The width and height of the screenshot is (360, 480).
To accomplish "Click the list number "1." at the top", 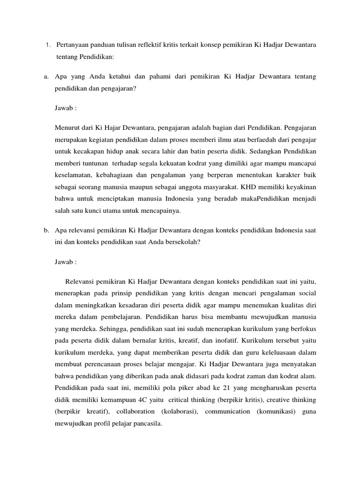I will click(48, 45).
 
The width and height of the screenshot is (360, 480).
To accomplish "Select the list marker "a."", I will click(46, 76).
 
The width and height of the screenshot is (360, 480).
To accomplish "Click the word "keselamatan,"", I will click(75, 162).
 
